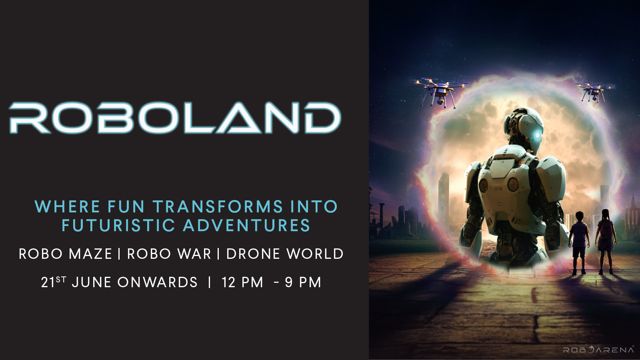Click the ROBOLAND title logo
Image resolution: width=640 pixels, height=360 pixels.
175,118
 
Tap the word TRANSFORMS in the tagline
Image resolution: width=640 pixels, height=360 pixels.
218,206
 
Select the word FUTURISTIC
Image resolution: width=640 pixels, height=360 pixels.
118,226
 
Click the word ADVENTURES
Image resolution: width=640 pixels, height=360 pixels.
246,226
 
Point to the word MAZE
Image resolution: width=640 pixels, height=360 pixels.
90,254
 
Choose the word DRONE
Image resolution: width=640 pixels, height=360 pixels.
253,254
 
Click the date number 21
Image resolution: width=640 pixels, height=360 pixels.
48,282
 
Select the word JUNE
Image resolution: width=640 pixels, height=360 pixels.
92,282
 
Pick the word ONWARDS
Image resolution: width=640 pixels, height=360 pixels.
158,282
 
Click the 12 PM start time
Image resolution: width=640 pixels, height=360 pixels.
242,282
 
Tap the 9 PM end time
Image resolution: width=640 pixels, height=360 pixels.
303,282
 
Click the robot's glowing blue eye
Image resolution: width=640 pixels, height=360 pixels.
538,135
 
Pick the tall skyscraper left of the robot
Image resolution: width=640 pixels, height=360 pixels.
444,197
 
